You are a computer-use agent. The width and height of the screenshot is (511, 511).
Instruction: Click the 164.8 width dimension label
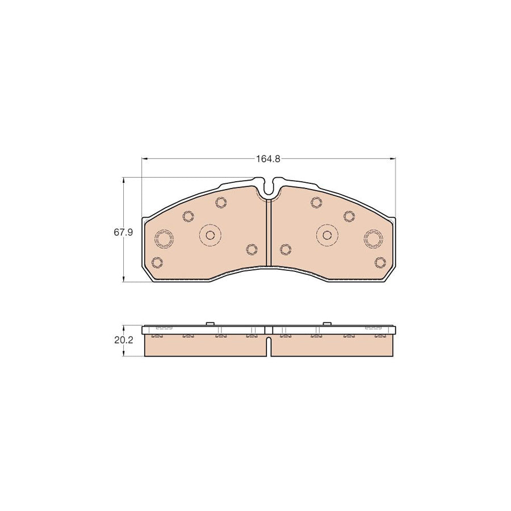click(268, 159)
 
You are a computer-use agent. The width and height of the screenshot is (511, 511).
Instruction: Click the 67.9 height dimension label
click(123, 232)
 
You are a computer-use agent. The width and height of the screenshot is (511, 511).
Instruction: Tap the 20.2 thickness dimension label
click(123, 341)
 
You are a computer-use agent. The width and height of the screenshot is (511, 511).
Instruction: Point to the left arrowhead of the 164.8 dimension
click(145, 159)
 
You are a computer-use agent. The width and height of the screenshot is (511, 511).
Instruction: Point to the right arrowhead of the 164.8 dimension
click(392, 159)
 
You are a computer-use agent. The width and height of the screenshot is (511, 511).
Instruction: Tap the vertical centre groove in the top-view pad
click(270, 233)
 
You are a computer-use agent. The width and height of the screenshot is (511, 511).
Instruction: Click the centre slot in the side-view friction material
click(270, 346)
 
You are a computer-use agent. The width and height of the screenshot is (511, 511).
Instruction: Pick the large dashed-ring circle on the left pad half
click(210, 235)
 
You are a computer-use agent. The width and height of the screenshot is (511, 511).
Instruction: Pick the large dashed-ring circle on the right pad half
click(326, 235)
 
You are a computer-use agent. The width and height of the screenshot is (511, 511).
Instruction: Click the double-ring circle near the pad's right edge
click(373, 239)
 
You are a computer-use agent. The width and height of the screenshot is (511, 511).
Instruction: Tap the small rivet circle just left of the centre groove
click(252, 249)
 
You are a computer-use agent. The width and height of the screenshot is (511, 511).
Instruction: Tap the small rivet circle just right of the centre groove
click(286, 249)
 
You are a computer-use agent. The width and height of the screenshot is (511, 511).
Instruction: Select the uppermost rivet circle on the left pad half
click(221, 202)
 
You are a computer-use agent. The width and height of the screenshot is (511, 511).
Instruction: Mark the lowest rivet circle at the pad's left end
click(157, 262)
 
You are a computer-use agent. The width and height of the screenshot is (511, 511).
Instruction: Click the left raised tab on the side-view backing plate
click(210, 324)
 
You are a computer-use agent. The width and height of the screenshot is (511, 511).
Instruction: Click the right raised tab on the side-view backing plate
click(326, 324)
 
